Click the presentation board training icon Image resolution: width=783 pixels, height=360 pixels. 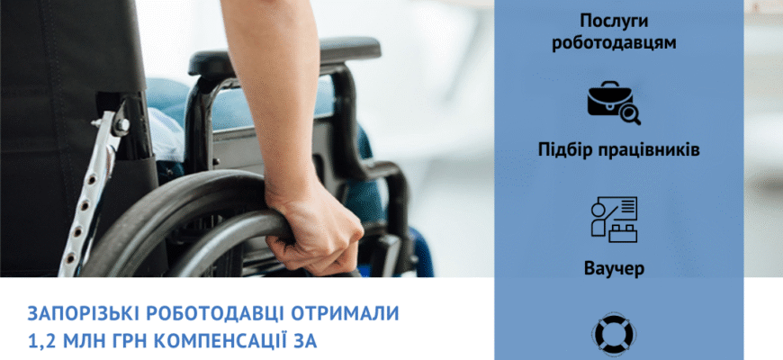614,218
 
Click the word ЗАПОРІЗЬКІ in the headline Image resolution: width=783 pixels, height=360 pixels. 85,314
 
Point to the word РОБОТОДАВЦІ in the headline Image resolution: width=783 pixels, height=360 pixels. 214,314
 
